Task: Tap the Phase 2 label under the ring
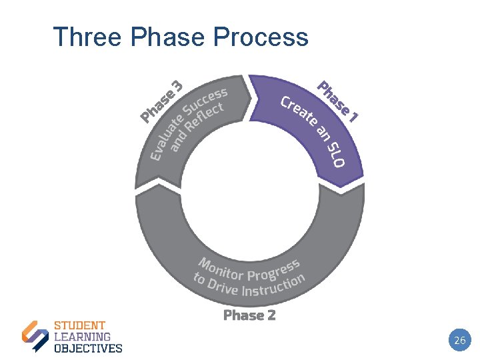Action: pyautogui.click(x=249, y=315)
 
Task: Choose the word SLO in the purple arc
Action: pyautogui.click(x=335, y=155)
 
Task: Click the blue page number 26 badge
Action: pyautogui.click(x=459, y=341)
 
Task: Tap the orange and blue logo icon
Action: pyautogui.click(x=35, y=336)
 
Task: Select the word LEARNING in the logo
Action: pyautogui.click(x=82, y=337)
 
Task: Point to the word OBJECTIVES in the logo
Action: pyautogui.click(x=88, y=347)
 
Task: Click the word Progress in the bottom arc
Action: pyautogui.click(x=273, y=269)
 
